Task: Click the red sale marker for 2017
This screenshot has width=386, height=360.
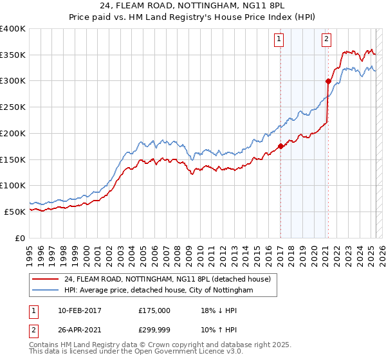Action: click(280, 146)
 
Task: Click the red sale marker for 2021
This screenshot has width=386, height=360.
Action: click(328, 81)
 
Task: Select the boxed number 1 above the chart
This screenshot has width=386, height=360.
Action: click(279, 39)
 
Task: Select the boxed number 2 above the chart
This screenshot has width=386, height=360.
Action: click(327, 39)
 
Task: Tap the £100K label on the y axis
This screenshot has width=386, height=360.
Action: click(13, 185)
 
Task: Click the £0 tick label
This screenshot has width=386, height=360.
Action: click(19, 238)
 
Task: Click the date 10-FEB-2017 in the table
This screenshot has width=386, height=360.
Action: click(78, 310)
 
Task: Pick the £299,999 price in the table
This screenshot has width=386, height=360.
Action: click(154, 332)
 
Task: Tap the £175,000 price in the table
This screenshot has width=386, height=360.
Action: click(154, 310)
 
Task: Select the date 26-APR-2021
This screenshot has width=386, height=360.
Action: click(78, 332)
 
